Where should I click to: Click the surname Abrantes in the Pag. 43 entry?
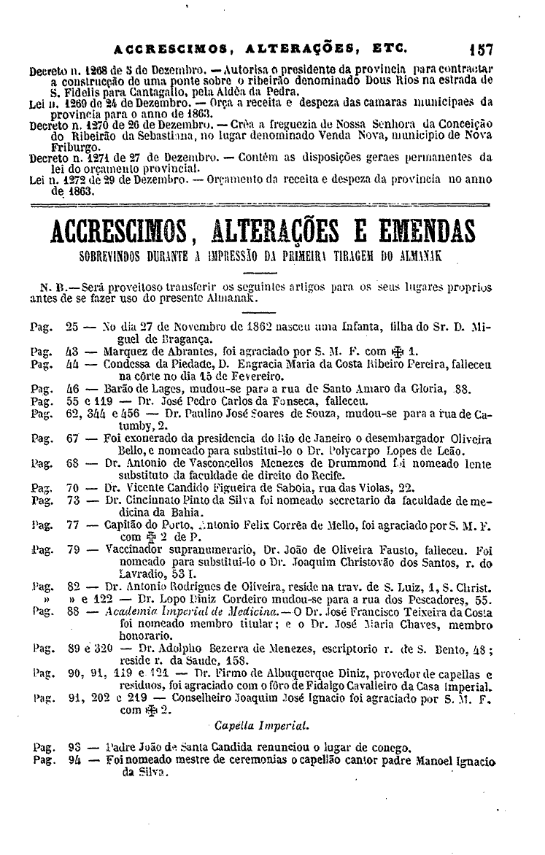tap(188, 349)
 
